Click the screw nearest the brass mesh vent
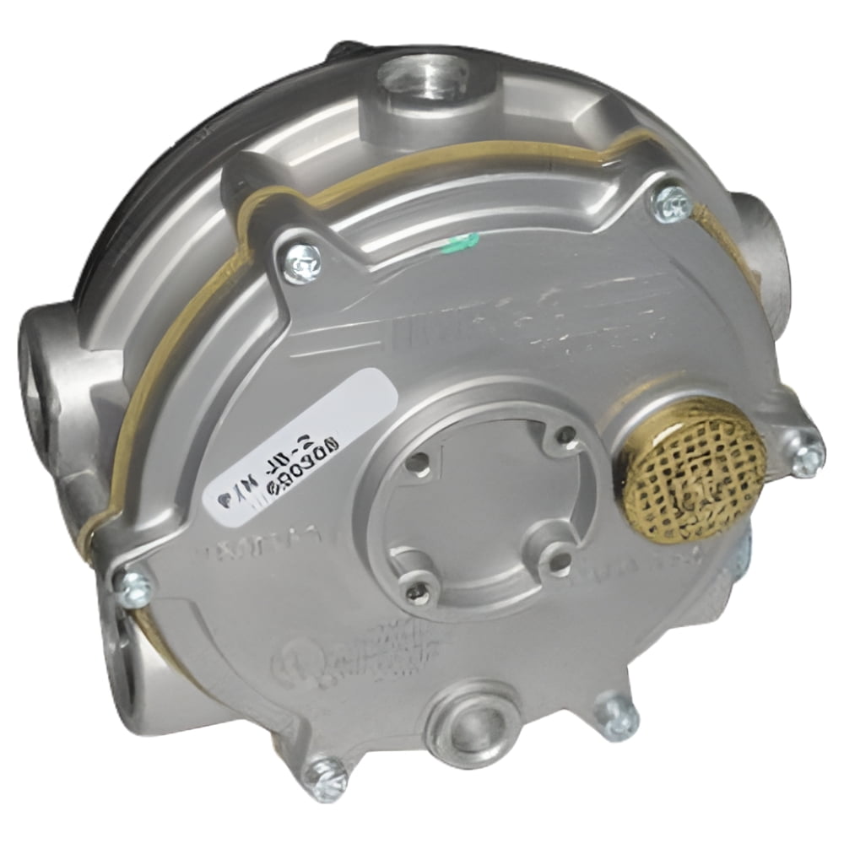[807, 457]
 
